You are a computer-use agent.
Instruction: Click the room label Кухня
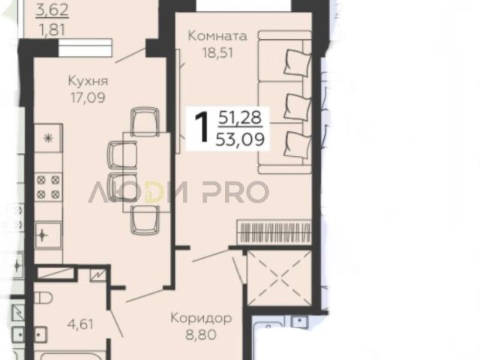pos(88,82)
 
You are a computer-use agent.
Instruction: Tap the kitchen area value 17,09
pos(88,97)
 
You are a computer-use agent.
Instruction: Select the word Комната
pos(217,36)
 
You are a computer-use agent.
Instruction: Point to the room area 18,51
pos(217,52)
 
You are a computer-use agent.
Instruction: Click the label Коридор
pos(201,318)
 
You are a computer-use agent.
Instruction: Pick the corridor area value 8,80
pos(201,334)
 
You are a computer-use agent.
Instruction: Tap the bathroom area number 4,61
pos(81,324)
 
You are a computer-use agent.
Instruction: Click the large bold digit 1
pos(202,127)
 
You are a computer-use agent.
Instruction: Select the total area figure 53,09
pos(240,140)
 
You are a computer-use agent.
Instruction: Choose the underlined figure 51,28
pos(240,118)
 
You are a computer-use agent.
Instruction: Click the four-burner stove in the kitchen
pos(48,187)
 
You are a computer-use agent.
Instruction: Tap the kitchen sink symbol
pos(48,235)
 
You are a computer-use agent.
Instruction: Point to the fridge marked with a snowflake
pos(48,138)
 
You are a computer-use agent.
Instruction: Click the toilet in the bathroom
pos(43,297)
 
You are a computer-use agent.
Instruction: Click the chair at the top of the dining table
pos(145,121)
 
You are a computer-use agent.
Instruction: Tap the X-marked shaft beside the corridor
pos(280,278)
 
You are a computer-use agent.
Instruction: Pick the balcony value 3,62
pos(52,10)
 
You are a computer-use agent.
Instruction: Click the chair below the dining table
pos(145,219)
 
